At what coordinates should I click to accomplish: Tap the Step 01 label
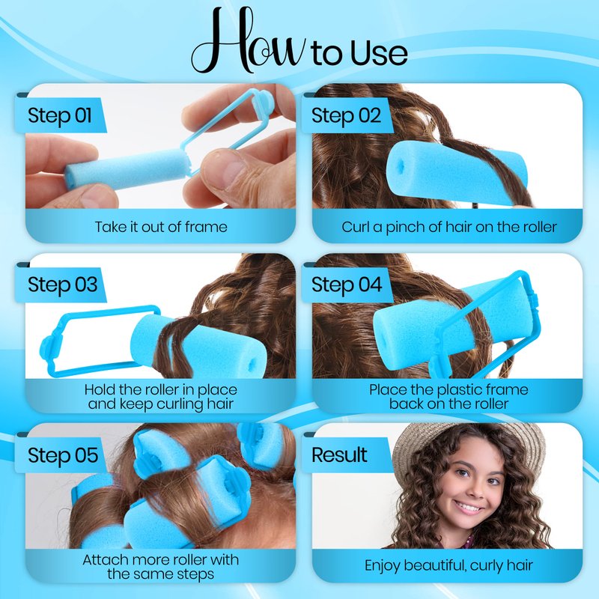point(60,115)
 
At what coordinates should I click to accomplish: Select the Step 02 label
point(346,115)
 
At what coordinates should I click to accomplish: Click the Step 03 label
point(62,285)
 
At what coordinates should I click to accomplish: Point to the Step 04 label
point(347,285)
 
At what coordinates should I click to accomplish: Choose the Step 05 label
point(63,455)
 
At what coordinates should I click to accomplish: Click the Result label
point(339,454)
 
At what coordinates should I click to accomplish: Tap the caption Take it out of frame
point(161,227)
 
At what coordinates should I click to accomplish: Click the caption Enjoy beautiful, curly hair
point(449,565)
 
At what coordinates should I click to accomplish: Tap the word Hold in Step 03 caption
point(100,389)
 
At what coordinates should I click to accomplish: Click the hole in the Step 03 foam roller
point(252,364)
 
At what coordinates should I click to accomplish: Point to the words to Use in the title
point(359,52)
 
